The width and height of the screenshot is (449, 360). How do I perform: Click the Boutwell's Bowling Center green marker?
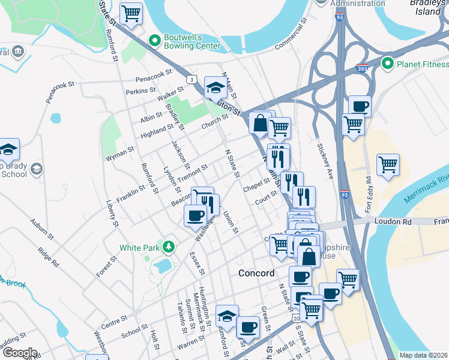click(155, 41)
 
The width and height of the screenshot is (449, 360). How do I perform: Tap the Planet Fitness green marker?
click(388, 64)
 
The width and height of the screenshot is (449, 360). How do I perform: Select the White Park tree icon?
click(169, 247)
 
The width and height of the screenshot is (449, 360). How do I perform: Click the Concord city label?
click(256, 273)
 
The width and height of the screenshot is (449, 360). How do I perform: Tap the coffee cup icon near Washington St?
click(194, 215)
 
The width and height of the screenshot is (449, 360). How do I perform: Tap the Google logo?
click(19, 353)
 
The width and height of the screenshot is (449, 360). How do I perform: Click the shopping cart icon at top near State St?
click(131, 13)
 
